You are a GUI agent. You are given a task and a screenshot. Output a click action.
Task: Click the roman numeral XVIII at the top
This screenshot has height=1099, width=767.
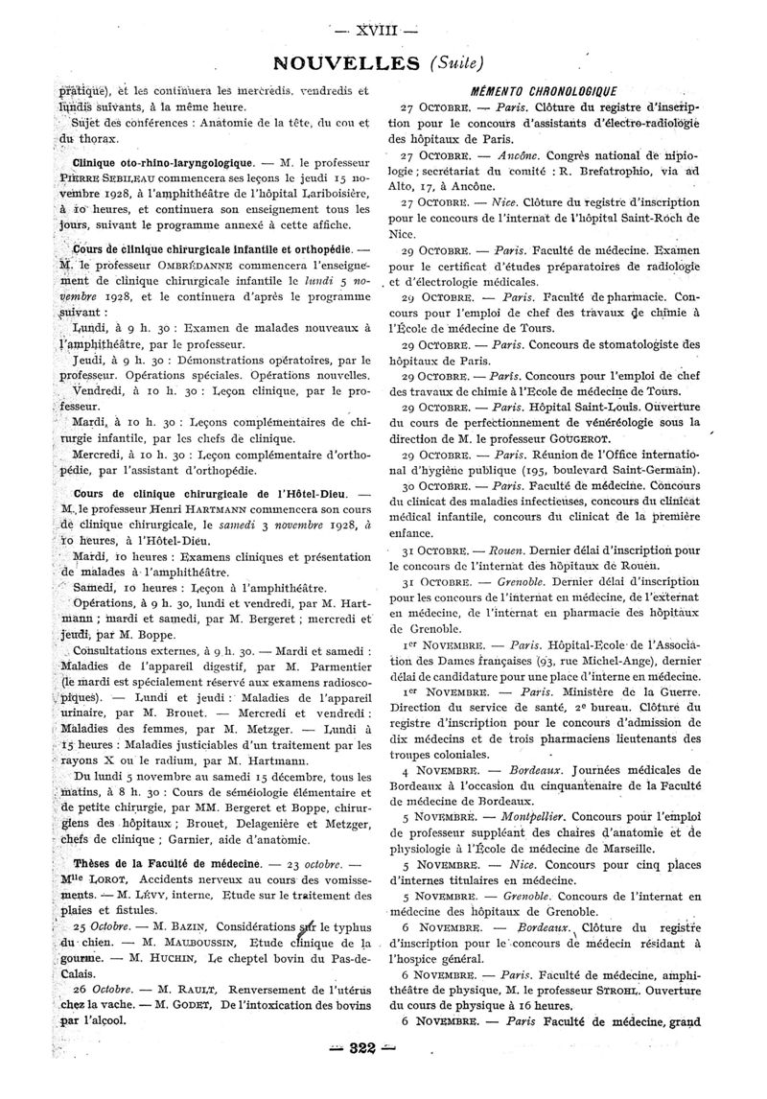[383, 30]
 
